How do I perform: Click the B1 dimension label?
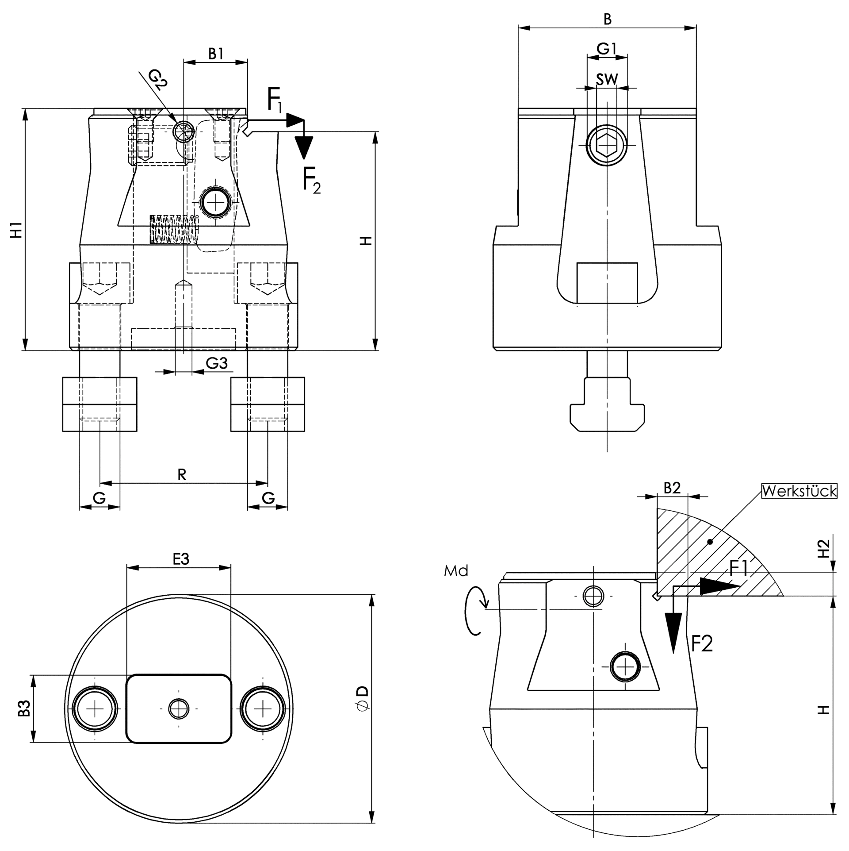click(x=215, y=54)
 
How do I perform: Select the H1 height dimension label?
click(x=16, y=231)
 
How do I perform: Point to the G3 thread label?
click(x=217, y=363)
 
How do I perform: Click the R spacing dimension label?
click(x=182, y=475)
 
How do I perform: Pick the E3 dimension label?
click(x=180, y=559)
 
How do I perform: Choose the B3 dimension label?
click(x=24, y=709)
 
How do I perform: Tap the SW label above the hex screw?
click(x=606, y=80)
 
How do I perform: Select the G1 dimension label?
click(x=606, y=49)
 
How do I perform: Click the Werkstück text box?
click(x=799, y=491)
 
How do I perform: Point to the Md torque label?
click(x=456, y=571)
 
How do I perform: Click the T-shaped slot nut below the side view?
click(x=607, y=414)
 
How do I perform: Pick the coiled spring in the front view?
click(x=173, y=229)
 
